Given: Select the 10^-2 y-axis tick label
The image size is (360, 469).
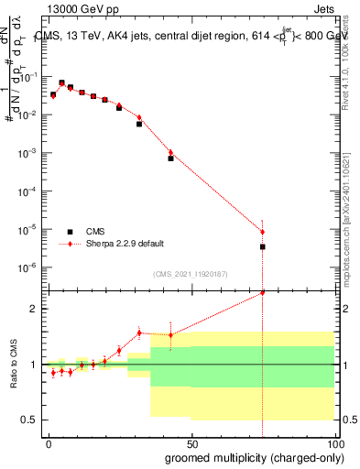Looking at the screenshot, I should point(27,115).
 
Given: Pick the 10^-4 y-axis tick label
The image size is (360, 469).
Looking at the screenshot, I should point(27,191).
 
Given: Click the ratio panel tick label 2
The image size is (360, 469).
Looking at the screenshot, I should point(33,309).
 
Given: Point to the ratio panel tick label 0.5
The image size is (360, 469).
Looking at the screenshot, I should point(29,420).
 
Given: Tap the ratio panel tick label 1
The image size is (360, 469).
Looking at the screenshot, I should point(33,365).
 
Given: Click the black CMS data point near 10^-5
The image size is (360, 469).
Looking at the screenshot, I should point(263,246).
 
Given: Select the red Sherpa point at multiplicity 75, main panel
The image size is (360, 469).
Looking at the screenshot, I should point(263,231).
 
